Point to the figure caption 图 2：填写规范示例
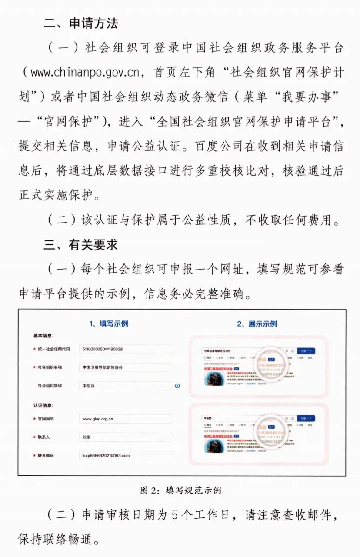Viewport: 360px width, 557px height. (180, 490)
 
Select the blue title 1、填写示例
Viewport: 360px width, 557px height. (108, 324)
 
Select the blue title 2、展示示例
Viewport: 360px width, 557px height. (257, 324)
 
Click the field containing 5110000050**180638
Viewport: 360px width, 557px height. (125, 349)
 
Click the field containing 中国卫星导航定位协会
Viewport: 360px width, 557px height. (125, 367)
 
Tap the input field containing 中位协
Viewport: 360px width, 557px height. (125, 386)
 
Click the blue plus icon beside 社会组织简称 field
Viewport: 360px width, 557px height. (177, 386)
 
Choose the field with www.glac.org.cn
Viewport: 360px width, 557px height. (125, 419)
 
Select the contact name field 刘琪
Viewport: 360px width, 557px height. (125, 437)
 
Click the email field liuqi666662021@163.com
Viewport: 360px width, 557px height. (125, 455)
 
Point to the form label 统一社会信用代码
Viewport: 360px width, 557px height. (53, 349)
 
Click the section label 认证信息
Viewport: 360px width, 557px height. (43, 405)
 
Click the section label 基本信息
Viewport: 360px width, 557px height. (43, 336)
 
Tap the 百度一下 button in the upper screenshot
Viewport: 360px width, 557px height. (306, 351)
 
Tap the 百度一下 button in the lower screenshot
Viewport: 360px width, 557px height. (306, 418)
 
